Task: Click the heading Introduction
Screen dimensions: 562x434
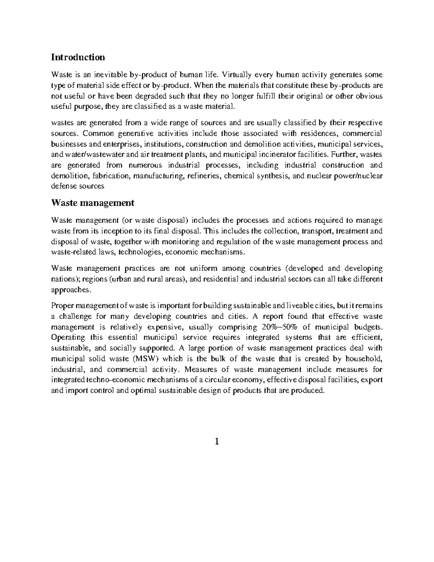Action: tap(78, 57)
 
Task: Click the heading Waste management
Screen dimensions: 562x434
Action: tap(93, 203)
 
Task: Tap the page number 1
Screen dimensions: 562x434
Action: tap(217, 442)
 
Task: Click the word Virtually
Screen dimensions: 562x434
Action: tap(237, 75)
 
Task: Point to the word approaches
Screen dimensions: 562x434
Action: tap(69, 290)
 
